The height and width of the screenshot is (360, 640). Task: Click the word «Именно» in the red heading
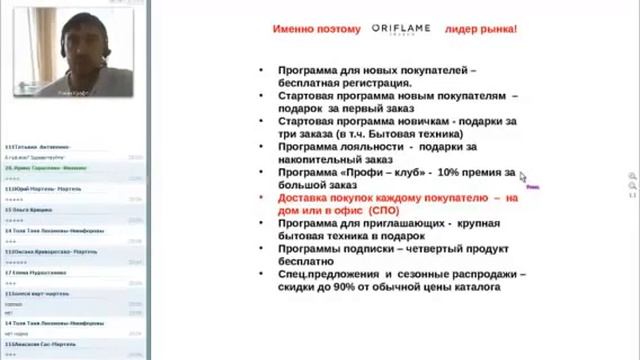pyautogui.click(x=297, y=30)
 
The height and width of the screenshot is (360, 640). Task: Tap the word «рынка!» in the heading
pyautogui.click(x=496, y=30)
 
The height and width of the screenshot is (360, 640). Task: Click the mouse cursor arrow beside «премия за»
pyautogui.click(x=522, y=177)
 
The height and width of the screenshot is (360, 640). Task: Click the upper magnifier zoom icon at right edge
pyautogui.click(x=631, y=176)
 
